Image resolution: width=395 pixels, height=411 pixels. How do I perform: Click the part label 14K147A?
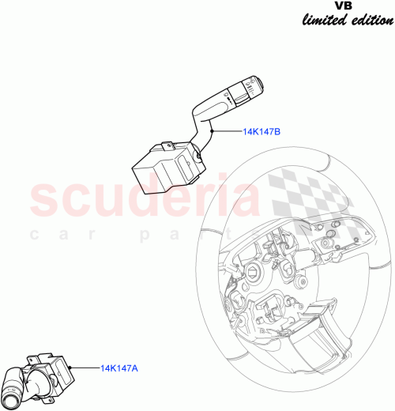[120, 367]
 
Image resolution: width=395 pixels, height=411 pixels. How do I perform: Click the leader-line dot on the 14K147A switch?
[72, 367]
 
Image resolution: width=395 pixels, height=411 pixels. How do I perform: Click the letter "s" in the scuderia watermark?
[44, 201]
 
